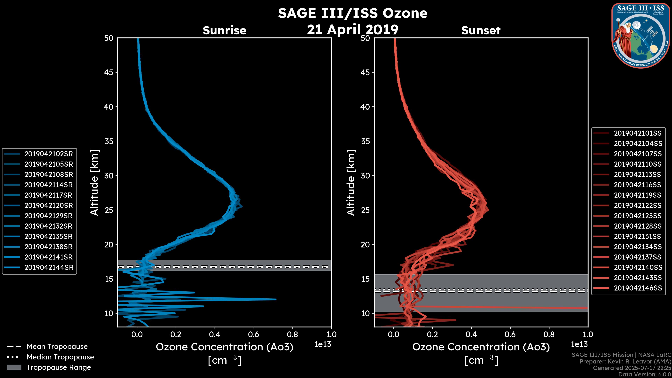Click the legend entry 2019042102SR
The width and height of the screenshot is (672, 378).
[48, 154]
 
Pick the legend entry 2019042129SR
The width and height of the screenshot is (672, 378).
[48, 216]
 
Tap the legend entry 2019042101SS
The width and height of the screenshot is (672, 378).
[638, 133]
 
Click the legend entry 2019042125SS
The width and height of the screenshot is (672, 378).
[638, 216]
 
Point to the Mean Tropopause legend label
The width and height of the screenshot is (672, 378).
[57, 346]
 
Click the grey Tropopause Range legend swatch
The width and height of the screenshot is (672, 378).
[14, 367]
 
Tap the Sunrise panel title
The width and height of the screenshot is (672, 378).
[224, 30]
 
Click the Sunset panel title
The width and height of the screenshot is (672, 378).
[481, 30]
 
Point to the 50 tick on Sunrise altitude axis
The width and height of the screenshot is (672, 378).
[109, 38]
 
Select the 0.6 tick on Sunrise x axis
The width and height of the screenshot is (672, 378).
[253, 334]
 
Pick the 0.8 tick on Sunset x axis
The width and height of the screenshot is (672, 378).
[549, 334]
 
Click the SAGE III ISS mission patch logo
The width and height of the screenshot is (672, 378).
[640, 36]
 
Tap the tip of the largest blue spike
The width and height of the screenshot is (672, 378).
[275, 299]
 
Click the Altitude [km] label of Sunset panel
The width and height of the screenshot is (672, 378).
[351, 182]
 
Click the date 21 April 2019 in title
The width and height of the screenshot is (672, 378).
[352, 29]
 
